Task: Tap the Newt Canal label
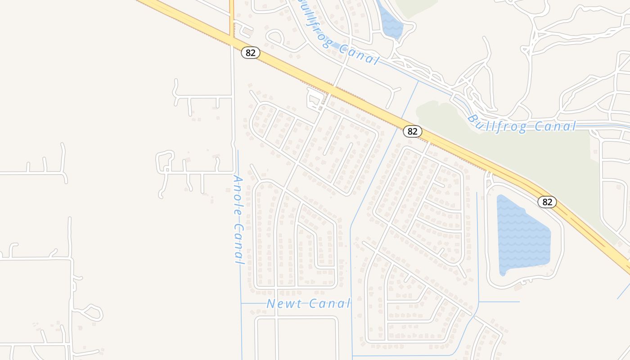point(308,304)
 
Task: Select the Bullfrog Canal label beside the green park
point(522,124)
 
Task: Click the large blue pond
point(522,234)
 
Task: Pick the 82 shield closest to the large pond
point(547,202)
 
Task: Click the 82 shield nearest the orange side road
point(251,53)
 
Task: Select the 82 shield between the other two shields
point(412,131)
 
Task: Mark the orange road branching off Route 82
point(232,18)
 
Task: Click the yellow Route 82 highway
point(360,99)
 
